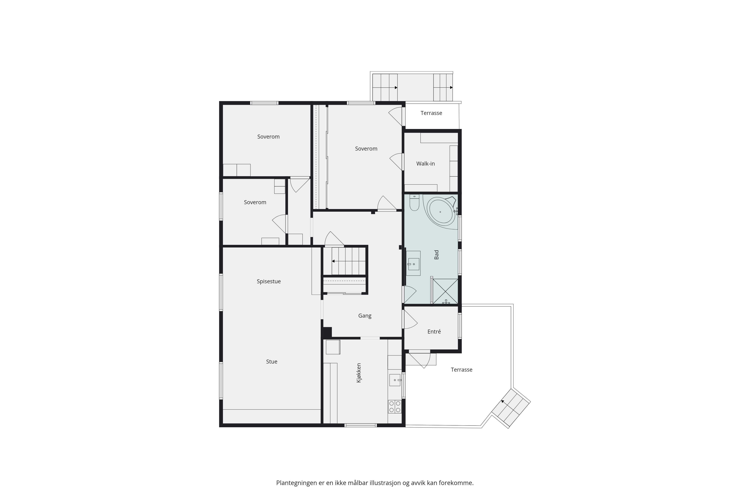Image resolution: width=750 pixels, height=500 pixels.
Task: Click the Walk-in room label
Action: click(x=425, y=164)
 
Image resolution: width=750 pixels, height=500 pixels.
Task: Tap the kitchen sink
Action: click(x=395, y=380)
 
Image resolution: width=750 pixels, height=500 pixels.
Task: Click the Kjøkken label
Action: click(x=359, y=373)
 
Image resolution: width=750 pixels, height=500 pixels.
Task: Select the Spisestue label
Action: click(x=269, y=281)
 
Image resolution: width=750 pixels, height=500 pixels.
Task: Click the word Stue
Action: click(x=272, y=362)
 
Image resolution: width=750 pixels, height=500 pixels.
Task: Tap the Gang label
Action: click(x=365, y=316)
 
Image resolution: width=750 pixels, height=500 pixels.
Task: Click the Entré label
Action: click(x=434, y=332)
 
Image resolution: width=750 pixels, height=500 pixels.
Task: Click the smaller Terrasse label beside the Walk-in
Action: click(x=431, y=113)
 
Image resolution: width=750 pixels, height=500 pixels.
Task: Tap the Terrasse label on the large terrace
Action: click(x=461, y=370)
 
